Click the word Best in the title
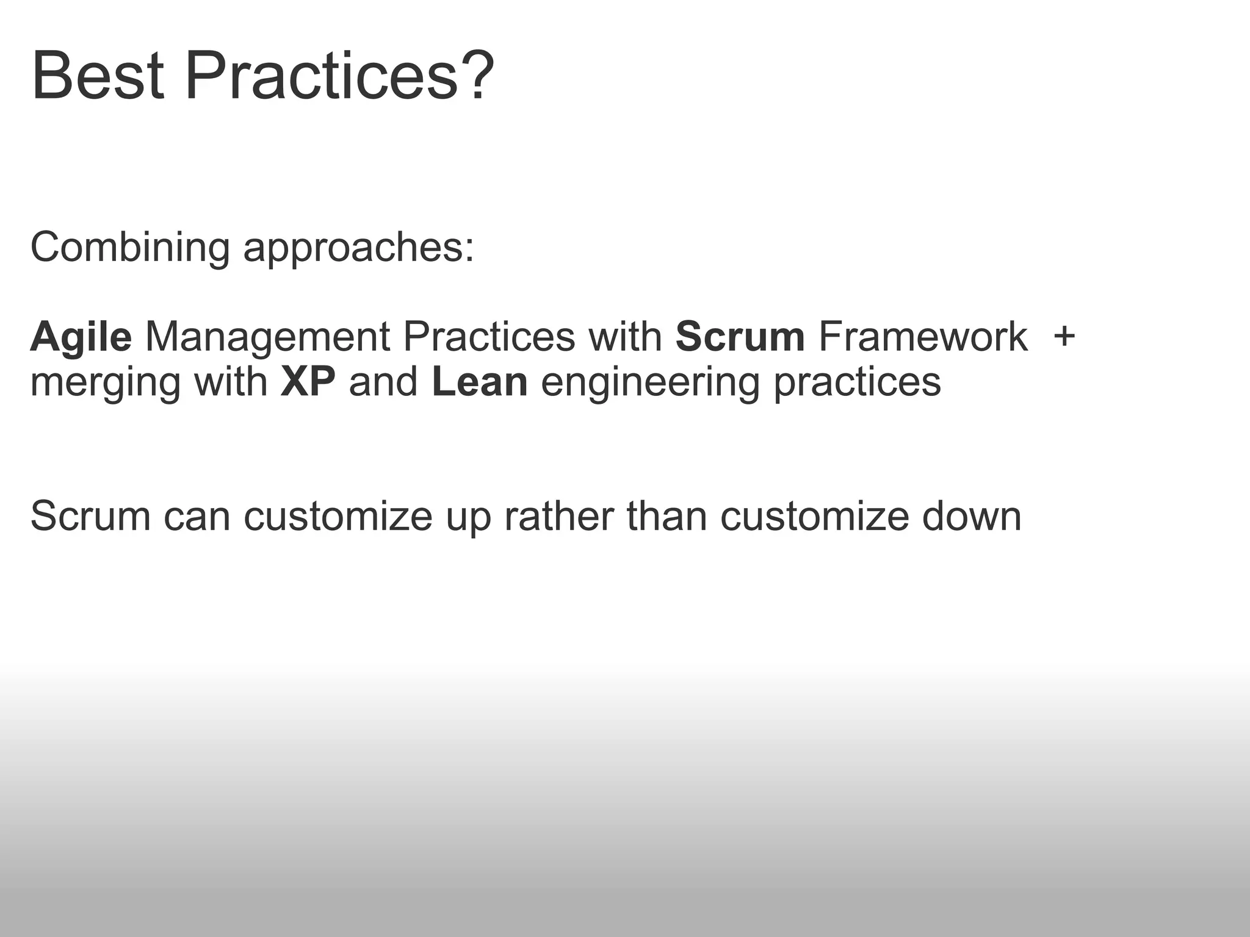98,78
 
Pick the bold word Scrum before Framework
740,337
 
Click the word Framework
922,337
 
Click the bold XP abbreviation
308,382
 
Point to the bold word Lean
479,382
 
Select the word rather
558,516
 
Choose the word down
971,516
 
